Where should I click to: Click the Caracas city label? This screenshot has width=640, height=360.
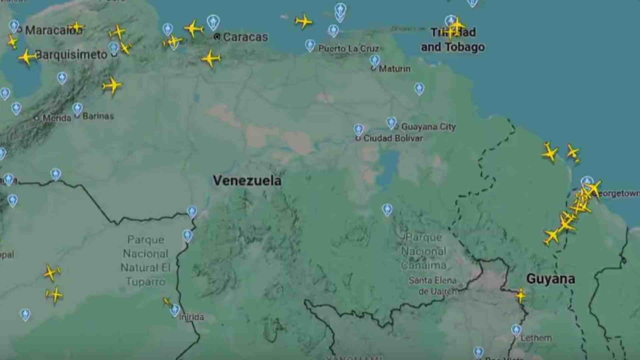click(245, 37)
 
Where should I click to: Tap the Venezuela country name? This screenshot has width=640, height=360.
click(247, 181)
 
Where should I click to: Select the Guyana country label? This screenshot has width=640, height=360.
click(551, 279)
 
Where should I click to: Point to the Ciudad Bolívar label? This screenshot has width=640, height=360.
click(393, 138)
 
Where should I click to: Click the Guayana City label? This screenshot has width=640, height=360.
click(428, 127)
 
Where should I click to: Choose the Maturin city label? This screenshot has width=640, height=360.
click(395, 69)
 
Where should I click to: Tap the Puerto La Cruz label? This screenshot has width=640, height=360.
click(348, 49)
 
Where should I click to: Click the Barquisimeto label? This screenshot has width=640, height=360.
click(71, 55)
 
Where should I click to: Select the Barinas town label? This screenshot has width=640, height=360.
click(98, 116)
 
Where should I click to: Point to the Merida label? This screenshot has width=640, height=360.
click(57, 118)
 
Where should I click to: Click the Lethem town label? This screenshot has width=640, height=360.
click(536, 338)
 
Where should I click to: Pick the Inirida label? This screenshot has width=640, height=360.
click(192, 317)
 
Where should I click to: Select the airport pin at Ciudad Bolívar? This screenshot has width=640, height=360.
click(359, 129)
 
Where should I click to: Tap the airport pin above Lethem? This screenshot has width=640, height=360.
click(516, 330)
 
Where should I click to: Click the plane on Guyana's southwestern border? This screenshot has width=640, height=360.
click(520, 295)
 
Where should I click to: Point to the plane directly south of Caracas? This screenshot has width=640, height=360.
click(211, 59)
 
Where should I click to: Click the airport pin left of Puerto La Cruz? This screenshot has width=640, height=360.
click(310, 45)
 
